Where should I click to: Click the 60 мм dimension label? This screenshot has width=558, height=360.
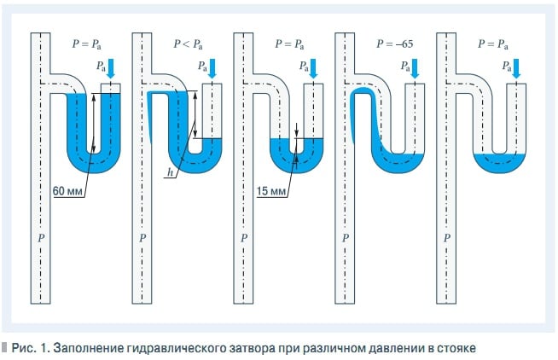(67, 191)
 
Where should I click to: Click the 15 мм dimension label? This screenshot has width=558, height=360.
(271, 191)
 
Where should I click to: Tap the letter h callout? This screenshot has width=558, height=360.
(171, 172)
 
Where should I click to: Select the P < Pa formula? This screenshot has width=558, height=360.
(188, 44)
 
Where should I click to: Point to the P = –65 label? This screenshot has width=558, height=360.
(395, 44)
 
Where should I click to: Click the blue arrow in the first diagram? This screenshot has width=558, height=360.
(111, 68)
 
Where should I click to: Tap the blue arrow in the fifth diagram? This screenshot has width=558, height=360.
(516, 68)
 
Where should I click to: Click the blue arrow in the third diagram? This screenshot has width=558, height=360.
(313, 68)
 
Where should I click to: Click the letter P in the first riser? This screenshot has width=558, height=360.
(41, 238)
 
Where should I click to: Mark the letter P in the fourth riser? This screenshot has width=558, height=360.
(346, 238)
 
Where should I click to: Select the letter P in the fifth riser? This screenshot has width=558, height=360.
(447, 238)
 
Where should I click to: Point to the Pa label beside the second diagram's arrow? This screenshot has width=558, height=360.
(202, 66)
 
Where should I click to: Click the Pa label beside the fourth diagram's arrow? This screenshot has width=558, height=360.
(405, 66)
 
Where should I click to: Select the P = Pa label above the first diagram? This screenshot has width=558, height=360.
(87, 44)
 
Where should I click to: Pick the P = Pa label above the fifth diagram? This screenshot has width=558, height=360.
(493, 44)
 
